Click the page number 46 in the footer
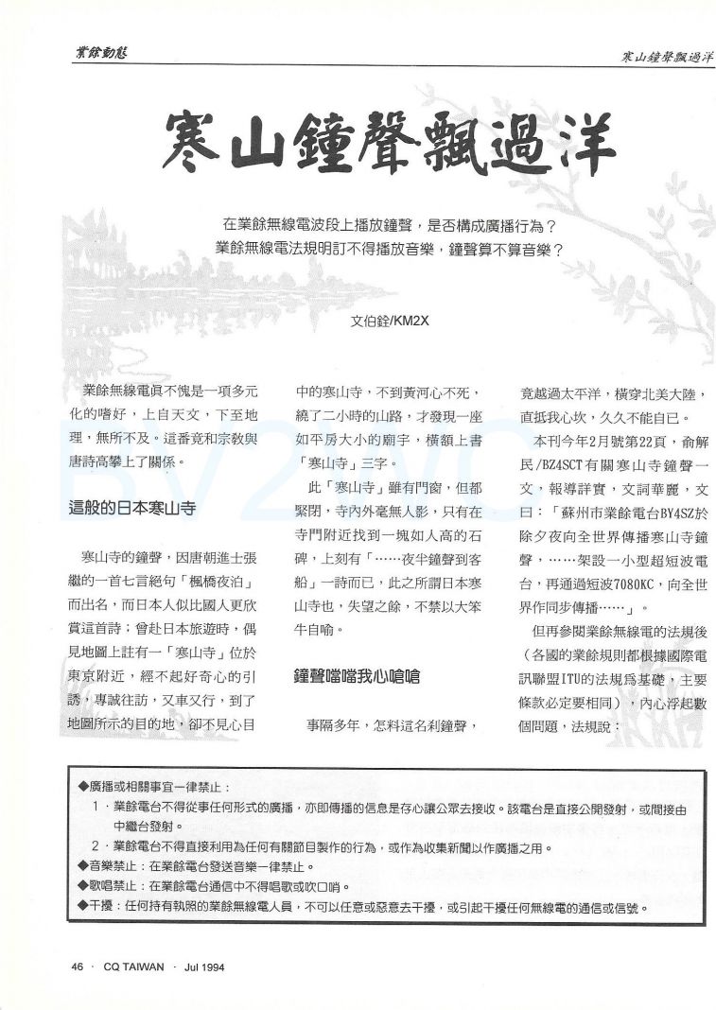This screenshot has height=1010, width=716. point(79,967)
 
